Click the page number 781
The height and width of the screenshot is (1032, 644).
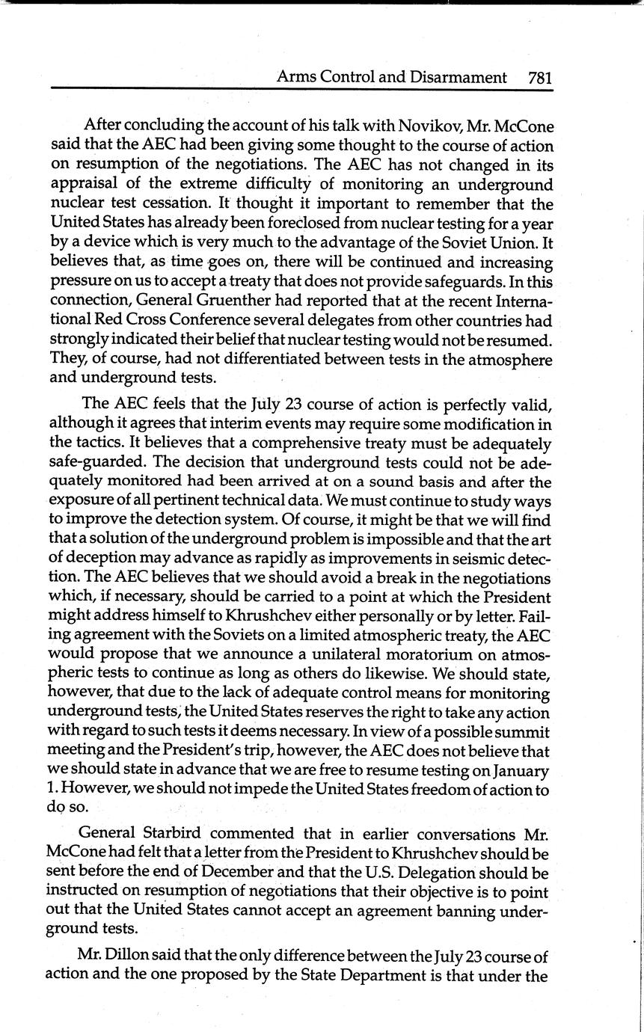[x=539, y=77]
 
